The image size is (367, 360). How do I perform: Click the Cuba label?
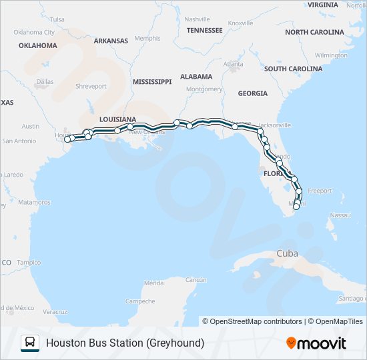click(288, 253)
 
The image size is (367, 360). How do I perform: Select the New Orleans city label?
click(145, 131)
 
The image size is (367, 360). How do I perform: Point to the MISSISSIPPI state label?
click(151, 81)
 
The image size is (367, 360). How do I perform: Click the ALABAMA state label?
click(196, 77)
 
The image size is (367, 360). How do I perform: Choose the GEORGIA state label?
click(252, 93)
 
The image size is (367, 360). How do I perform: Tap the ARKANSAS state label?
click(111, 41)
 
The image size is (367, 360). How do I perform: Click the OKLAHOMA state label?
click(38, 46)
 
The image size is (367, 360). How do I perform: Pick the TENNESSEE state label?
click(205, 30)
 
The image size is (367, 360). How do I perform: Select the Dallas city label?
click(45, 82)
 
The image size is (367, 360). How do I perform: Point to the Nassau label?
click(340, 215)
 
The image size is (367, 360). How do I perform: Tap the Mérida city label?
click(153, 283)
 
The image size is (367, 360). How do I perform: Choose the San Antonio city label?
click(19, 141)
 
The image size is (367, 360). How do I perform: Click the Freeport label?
click(320, 191)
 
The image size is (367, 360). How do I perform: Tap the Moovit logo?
click(316, 343)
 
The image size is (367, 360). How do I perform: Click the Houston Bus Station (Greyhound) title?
click(125, 343)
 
